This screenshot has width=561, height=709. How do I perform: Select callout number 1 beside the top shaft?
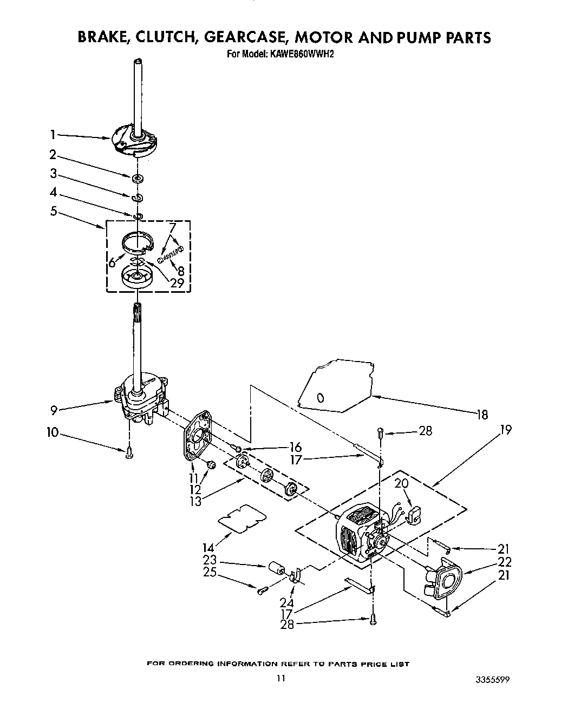click(53, 135)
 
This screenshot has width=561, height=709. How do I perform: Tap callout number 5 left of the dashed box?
click(54, 211)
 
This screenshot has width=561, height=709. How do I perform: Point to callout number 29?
click(177, 282)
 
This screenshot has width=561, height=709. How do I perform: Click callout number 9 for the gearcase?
click(54, 410)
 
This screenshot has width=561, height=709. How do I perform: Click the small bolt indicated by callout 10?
click(129, 454)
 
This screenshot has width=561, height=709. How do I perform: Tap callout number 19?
click(506, 431)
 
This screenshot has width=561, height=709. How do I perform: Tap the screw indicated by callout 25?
click(262, 591)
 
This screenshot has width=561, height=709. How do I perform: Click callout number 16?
click(296, 448)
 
